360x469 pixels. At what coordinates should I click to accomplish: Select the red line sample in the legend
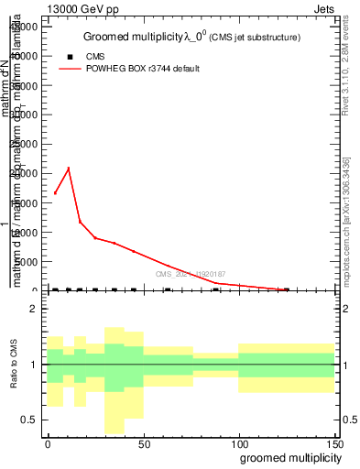[x=69, y=69]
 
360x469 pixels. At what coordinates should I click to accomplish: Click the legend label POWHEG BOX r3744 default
[x=143, y=69]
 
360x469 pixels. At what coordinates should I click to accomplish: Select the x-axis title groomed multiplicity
[x=288, y=456]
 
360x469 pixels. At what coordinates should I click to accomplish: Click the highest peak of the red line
[x=69, y=168]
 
